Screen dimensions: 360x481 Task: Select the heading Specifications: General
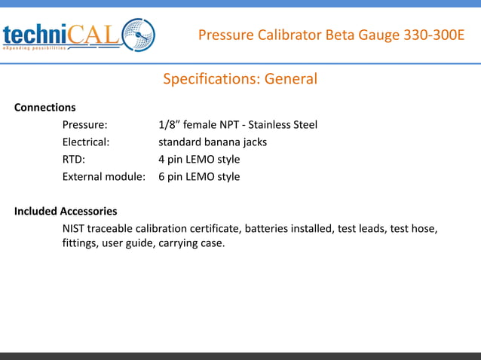pyautogui.click(x=240, y=79)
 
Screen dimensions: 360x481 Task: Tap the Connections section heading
pyautogui.click(x=45, y=107)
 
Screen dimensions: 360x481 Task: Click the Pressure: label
pyautogui.click(x=84, y=124)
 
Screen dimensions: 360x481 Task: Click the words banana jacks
pyautogui.click(x=240, y=142)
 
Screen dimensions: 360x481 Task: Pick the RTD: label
pyautogui.click(x=73, y=159)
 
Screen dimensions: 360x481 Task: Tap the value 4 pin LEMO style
pyautogui.click(x=199, y=159)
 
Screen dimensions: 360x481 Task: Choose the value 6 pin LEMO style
pyautogui.click(x=199, y=176)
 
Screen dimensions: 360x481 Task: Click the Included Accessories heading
pyautogui.click(x=66, y=211)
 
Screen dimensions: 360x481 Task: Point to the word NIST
pyautogui.click(x=74, y=228)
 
